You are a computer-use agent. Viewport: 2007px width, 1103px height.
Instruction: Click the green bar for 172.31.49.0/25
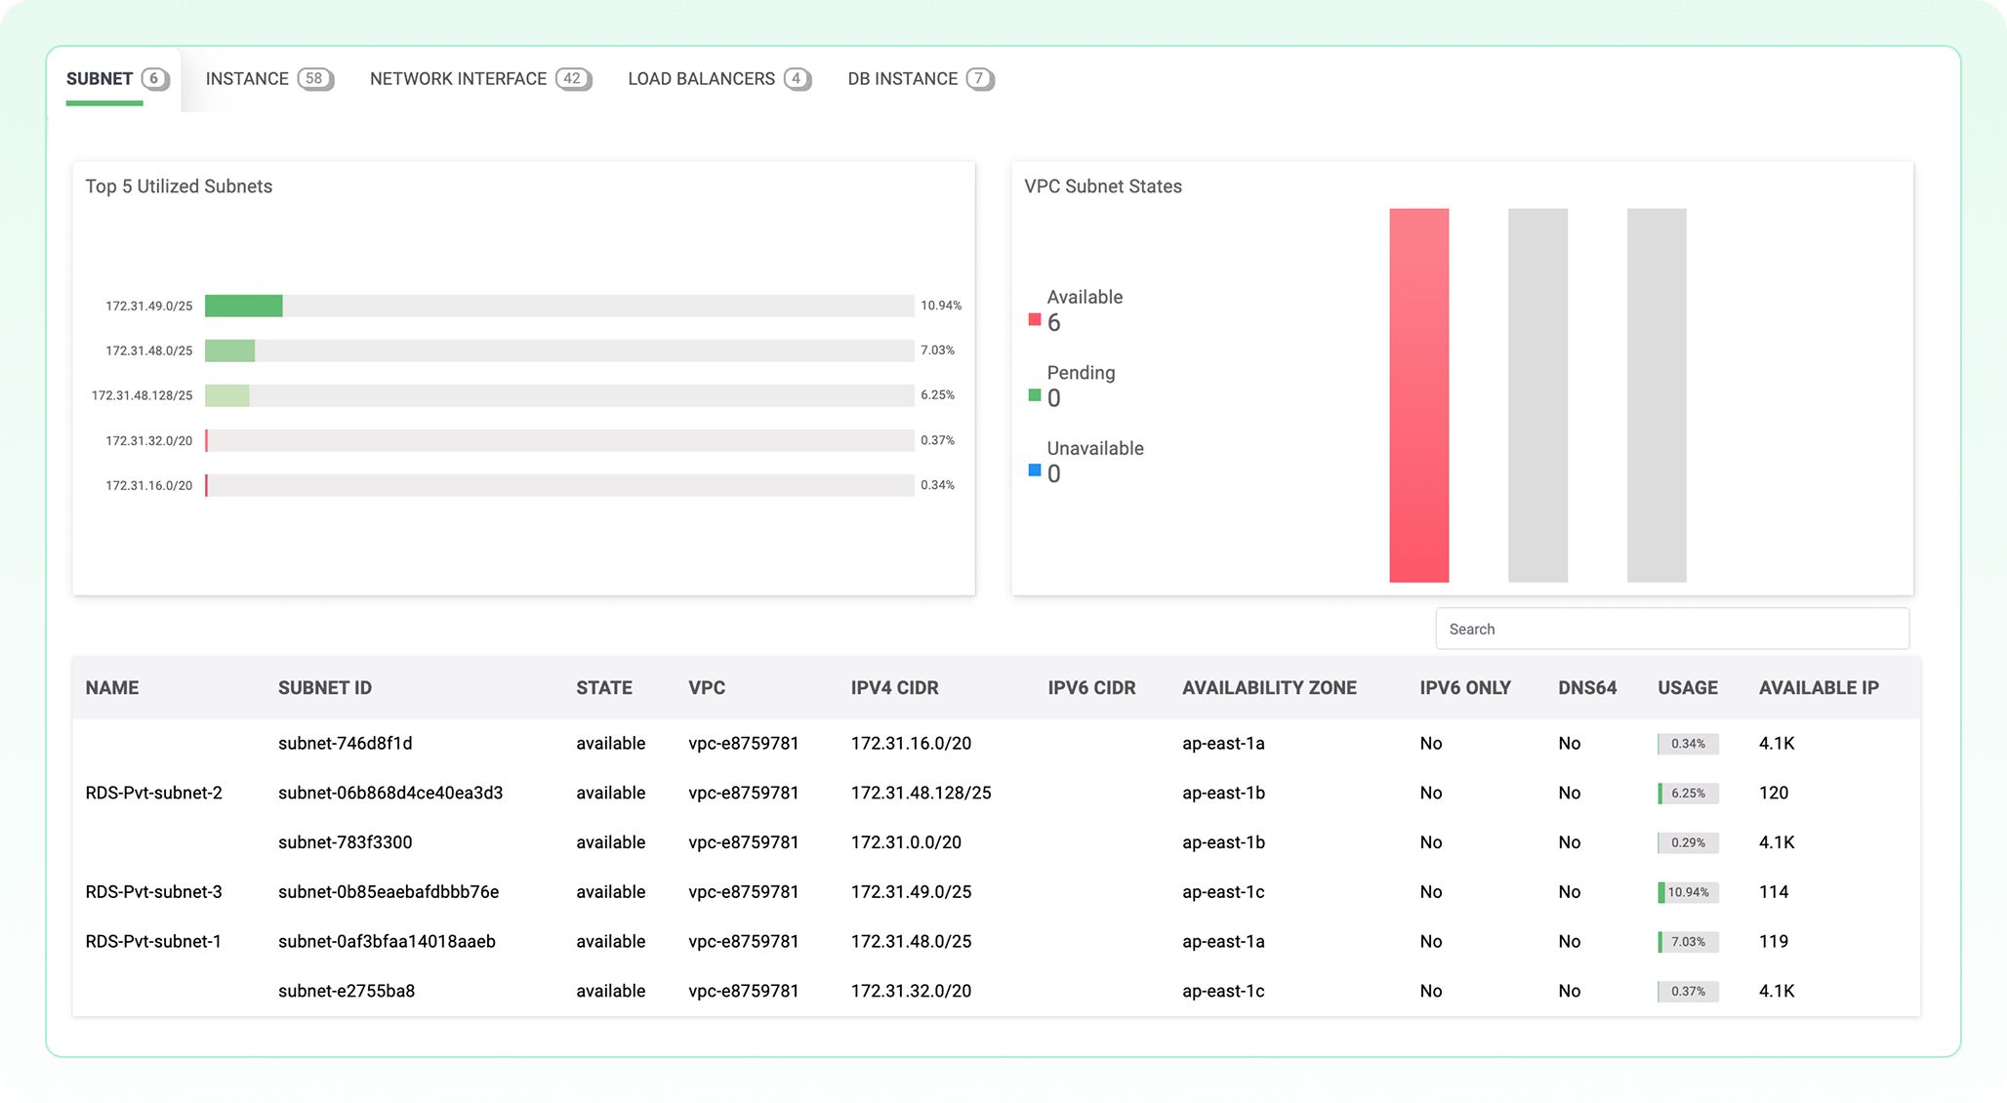244,306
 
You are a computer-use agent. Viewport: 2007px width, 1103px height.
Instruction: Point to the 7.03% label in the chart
937,350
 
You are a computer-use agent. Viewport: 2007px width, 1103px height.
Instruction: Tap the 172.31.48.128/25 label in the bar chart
143,395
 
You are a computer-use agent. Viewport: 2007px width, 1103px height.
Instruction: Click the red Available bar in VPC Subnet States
1418,395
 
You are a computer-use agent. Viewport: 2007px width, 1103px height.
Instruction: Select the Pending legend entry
1080,373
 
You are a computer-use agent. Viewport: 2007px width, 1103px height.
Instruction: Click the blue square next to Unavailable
1035,470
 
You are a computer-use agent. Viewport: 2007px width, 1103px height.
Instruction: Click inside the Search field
1671,629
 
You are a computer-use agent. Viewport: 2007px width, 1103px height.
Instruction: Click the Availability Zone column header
1269,688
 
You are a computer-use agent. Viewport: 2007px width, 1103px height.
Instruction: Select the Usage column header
1687,688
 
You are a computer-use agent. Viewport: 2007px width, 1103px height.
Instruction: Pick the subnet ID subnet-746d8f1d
345,744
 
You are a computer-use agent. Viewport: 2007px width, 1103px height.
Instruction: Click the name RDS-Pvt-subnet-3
153,892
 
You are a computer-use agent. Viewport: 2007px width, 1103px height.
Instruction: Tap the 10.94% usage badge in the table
1688,892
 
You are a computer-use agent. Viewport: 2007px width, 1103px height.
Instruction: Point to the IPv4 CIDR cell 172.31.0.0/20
906,842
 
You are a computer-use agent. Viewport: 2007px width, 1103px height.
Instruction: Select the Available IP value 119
1773,942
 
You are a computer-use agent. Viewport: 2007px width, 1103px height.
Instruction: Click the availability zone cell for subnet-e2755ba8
1223,992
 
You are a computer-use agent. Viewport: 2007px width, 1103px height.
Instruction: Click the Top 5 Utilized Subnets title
179,186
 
